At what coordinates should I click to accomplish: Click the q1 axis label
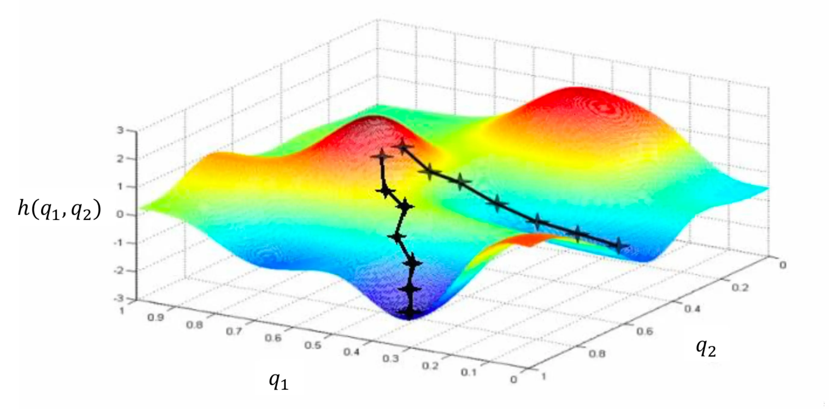click(x=279, y=382)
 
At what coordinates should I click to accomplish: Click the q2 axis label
click(x=706, y=348)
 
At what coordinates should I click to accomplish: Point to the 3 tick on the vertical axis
click(x=120, y=130)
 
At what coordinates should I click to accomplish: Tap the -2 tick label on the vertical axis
click(x=118, y=271)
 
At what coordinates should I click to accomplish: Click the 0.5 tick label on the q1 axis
click(x=313, y=345)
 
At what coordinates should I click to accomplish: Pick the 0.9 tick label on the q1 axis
click(x=156, y=318)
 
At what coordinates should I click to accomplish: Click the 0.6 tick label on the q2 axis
click(x=645, y=331)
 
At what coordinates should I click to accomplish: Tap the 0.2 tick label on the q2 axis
click(x=740, y=287)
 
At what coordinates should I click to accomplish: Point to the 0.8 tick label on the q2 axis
click(x=597, y=353)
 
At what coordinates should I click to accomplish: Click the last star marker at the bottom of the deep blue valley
click(x=409, y=312)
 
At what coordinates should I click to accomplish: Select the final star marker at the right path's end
click(x=618, y=246)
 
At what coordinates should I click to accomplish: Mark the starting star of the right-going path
click(x=402, y=147)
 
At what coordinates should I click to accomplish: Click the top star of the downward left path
click(x=382, y=157)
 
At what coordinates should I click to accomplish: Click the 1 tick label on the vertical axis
click(x=120, y=186)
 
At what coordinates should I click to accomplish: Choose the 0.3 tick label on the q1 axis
click(x=391, y=358)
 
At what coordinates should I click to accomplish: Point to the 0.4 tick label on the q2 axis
click(x=692, y=309)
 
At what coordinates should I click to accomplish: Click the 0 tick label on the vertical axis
click(x=120, y=214)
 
